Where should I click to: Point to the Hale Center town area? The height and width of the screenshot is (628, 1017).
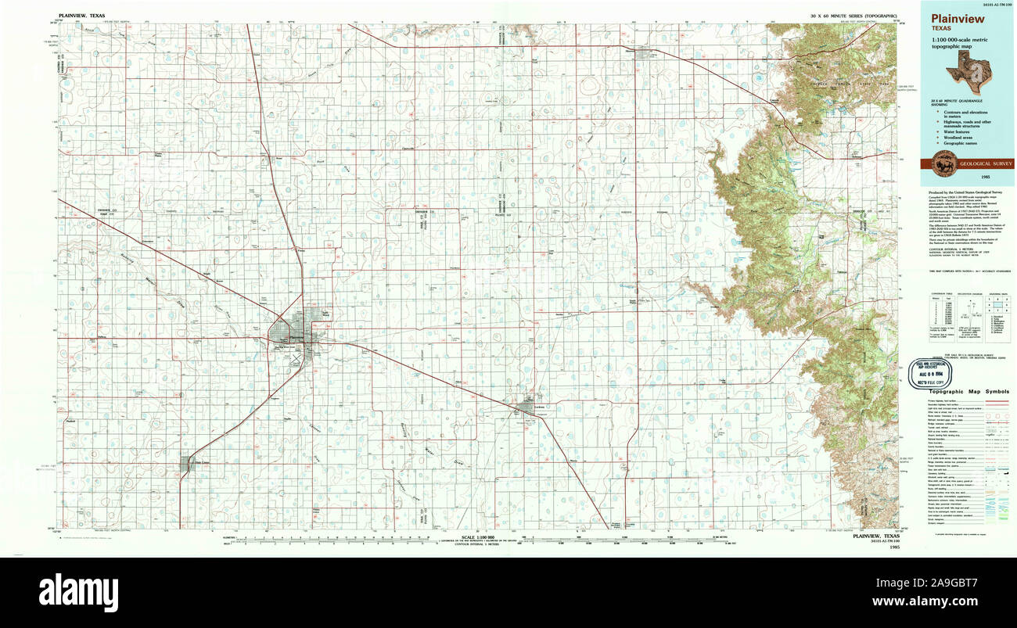(x=189, y=465)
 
